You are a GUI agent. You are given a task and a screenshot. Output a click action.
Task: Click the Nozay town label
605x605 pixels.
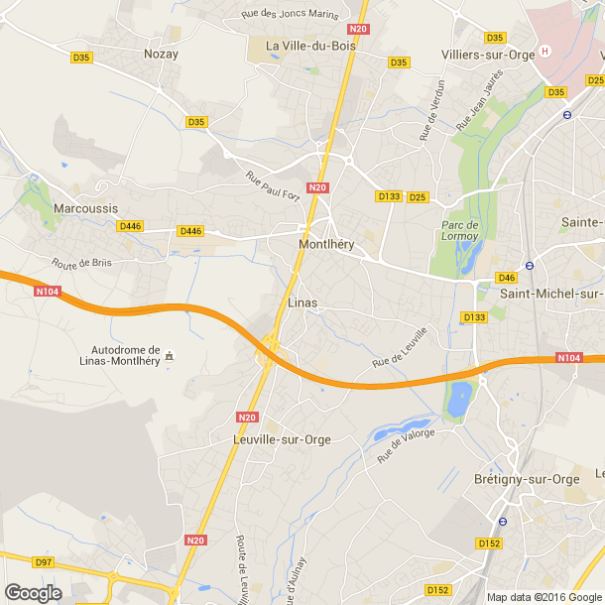tap(161, 54)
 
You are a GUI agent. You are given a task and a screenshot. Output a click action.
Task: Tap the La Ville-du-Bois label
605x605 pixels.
tap(306, 46)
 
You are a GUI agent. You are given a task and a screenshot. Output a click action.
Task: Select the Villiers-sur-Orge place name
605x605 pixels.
tap(487, 55)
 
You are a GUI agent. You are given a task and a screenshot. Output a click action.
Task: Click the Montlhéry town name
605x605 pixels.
tap(326, 244)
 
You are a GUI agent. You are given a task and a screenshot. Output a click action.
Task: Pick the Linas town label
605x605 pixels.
tap(302, 302)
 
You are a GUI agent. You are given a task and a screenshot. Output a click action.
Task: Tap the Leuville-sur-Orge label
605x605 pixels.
tap(281, 439)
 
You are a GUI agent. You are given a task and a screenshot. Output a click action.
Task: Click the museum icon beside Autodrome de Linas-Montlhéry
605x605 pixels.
tap(170, 355)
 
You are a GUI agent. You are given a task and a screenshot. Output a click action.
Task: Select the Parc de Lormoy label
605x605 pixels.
tap(459, 230)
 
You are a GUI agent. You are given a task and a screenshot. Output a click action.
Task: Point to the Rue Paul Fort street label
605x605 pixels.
tap(274, 184)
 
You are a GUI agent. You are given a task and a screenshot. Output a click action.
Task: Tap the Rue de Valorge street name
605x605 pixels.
tap(406, 446)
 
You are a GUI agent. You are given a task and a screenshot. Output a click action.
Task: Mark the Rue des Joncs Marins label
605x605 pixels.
tap(291, 15)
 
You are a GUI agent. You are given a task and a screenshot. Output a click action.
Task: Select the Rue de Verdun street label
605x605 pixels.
tap(429, 109)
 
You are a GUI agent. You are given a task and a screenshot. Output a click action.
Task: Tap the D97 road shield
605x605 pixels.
tap(43, 562)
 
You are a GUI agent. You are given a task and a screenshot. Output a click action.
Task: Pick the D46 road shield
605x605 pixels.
tap(507, 278)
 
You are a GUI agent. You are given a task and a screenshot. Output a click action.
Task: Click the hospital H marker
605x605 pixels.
tap(544, 52)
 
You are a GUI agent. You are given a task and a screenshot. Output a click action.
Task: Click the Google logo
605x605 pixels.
tap(33, 592)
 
